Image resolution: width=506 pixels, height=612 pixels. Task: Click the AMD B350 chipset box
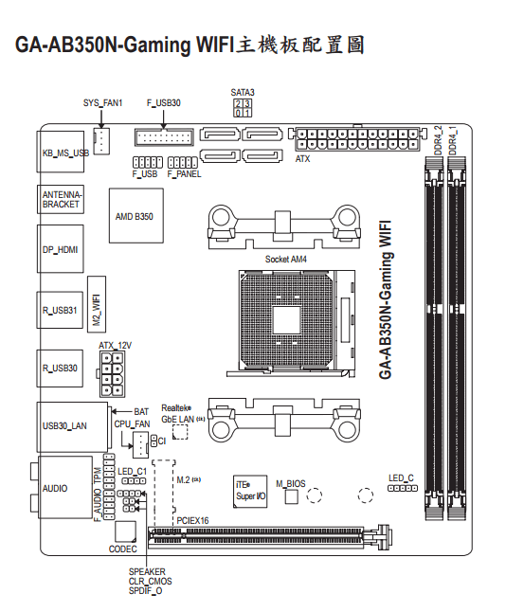(x=136, y=216)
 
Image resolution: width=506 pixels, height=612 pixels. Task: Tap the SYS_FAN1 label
(x=102, y=103)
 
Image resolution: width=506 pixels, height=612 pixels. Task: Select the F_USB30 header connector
(x=164, y=137)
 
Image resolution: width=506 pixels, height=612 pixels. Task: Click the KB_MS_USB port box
(x=61, y=152)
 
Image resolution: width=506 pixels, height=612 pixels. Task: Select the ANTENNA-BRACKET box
(x=61, y=200)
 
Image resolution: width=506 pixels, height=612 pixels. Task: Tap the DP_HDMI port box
(x=61, y=249)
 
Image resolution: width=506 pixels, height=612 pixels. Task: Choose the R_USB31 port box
(x=60, y=310)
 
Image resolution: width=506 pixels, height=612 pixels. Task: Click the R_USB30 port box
(x=60, y=369)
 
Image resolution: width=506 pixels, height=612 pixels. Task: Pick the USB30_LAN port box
(x=73, y=427)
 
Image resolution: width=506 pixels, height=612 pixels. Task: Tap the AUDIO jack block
(x=65, y=488)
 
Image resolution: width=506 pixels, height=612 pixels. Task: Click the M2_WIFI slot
(x=97, y=304)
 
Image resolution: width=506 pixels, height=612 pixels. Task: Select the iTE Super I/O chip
(x=250, y=492)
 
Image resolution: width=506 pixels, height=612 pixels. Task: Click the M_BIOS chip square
(x=291, y=496)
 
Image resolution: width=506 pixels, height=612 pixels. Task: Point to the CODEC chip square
(x=126, y=531)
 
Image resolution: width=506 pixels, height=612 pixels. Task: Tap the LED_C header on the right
(x=403, y=488)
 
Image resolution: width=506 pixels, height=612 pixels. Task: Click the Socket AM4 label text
(x=286, y=260)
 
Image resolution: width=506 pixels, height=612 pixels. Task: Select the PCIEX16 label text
(x=192, y=521)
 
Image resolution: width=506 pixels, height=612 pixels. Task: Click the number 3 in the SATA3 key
(x=247, y=104)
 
